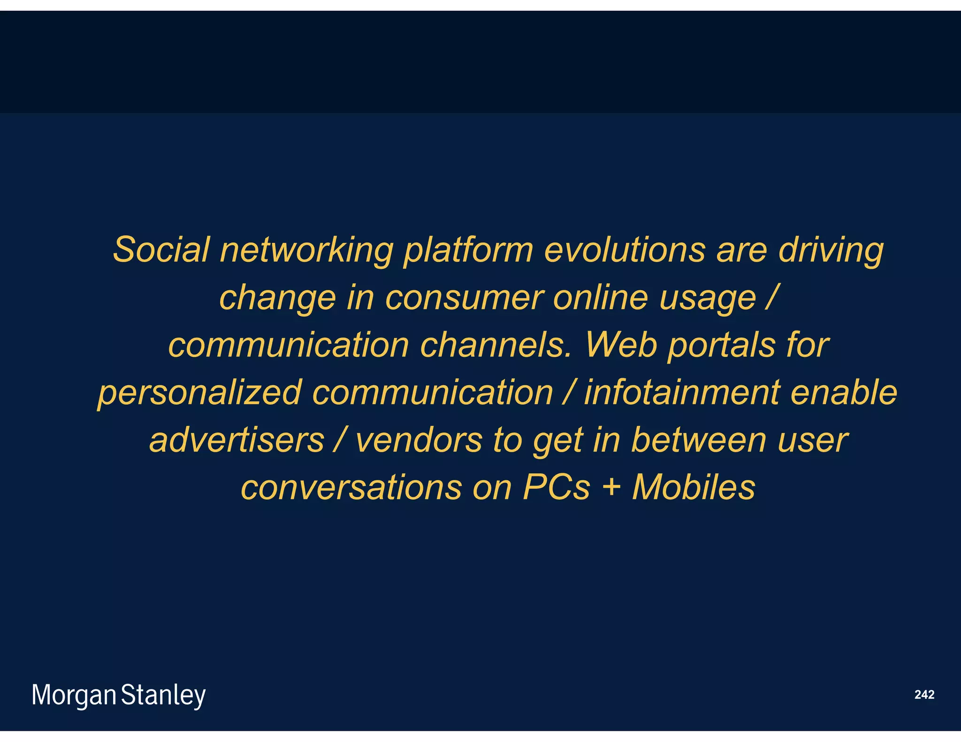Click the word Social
click(161, 250)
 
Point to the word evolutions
click(625, 250)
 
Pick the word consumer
click(464, 298)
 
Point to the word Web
click(621, 345)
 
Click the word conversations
click(351, 487)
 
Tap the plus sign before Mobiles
click(611, 488)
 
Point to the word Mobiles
click(694, 487)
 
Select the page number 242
click(924, 695)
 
